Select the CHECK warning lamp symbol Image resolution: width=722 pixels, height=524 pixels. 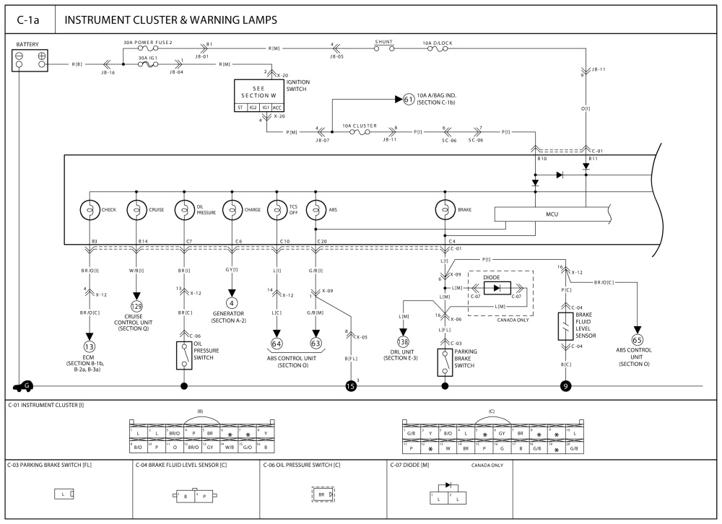90,209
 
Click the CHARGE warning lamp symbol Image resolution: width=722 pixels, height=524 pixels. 232,209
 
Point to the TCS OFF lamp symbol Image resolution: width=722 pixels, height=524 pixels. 277,209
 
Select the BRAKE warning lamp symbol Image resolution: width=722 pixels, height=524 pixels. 445,209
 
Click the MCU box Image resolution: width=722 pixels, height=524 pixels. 551,214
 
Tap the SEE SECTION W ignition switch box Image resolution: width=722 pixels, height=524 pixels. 258,95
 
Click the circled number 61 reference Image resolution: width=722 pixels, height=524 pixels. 409,99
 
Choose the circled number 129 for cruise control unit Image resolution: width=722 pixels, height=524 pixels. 136,306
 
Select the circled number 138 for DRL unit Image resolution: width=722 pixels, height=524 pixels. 403,341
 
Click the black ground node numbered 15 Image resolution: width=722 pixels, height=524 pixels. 351,386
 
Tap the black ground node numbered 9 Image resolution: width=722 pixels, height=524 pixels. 565,386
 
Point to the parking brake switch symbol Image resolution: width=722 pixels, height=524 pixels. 445,361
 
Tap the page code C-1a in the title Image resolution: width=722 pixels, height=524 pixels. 29,19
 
